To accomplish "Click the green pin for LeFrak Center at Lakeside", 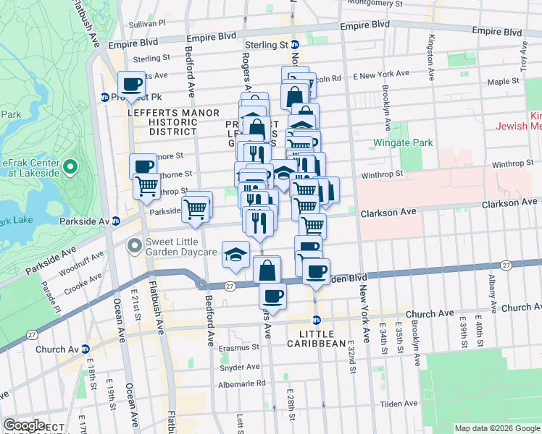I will click(x=70, y=168).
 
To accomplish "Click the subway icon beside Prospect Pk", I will click(x=105, y=96).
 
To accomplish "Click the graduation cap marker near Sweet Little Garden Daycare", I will click(x=235, y=254).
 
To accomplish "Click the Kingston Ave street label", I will click(x=431, y=57).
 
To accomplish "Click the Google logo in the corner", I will click(x=25, y=425).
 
